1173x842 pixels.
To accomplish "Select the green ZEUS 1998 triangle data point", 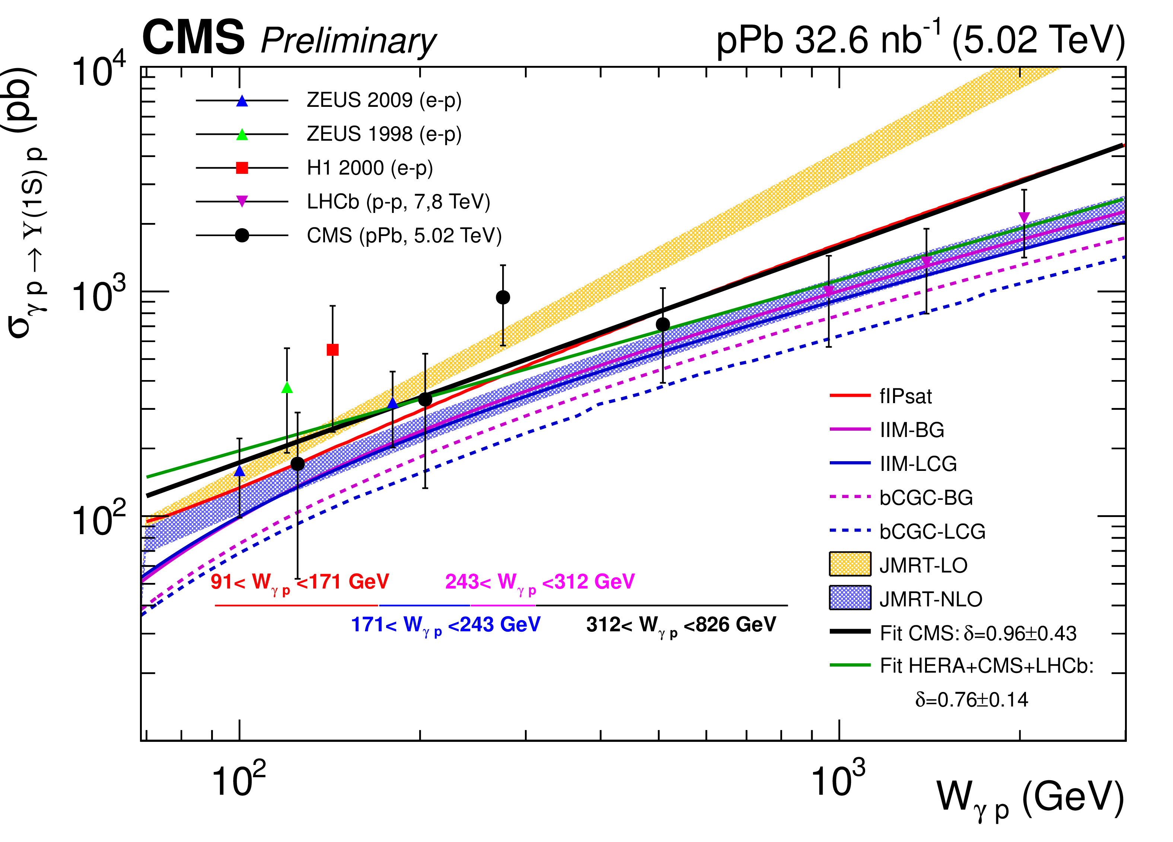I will point(287,388).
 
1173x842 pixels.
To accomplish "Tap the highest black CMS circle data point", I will point(503,297).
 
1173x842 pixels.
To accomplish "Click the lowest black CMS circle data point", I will point(297,464).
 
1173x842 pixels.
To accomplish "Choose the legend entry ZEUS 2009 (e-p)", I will point(384,101).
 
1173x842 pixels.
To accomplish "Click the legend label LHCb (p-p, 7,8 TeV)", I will point(398,202).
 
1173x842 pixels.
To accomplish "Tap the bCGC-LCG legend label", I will point(932,532).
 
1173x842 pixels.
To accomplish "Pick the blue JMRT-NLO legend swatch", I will point(850,598).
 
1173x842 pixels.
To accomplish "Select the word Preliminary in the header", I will point(348,41).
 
